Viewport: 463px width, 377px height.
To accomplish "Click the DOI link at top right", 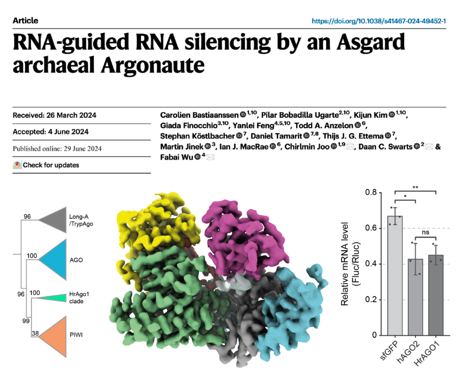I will (x=379, y=21).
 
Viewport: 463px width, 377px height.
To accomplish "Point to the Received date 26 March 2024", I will (x=54, y=115).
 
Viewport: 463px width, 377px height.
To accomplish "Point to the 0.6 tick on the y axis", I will (x=371, y=229).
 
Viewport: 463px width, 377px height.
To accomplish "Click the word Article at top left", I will (x=25, y=21).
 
